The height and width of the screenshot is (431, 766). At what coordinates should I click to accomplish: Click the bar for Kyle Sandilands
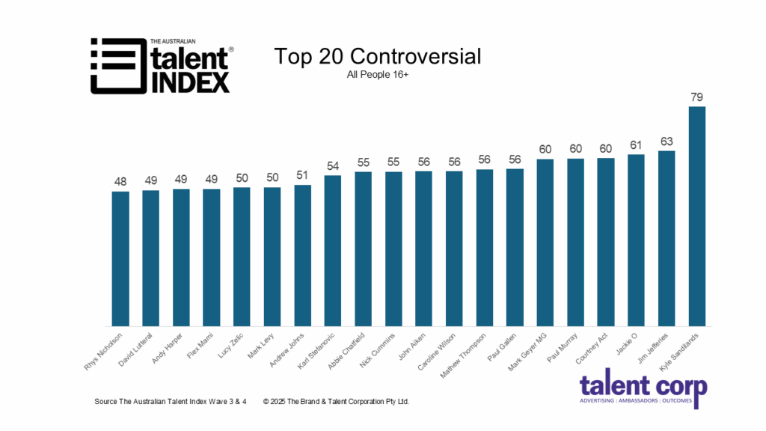click(x=696, y=216)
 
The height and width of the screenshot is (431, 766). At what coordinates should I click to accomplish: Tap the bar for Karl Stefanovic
click(x=333, y=251)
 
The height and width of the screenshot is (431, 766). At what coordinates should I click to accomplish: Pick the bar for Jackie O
click(x=636, y=240)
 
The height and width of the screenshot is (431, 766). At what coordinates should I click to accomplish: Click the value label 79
click(x=696, y=97)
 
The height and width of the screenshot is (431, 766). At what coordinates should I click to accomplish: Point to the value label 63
click(x=667, y=141)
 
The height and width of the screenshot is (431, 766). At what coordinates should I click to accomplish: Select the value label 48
click(x=120, y=182)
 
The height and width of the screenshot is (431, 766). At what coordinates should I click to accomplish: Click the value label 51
click(x=303, y=175)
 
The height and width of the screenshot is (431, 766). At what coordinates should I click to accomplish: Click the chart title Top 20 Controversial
click(x=377, y=57)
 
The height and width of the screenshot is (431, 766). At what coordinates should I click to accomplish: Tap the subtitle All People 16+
click(x=377, y=74)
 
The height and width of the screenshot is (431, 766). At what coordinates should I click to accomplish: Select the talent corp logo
click(x=643, y=391)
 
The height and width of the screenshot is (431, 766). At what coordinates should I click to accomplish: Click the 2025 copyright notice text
click(x=336, y=402)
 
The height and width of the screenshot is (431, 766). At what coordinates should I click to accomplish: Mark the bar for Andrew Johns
click(x=303, y=255)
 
